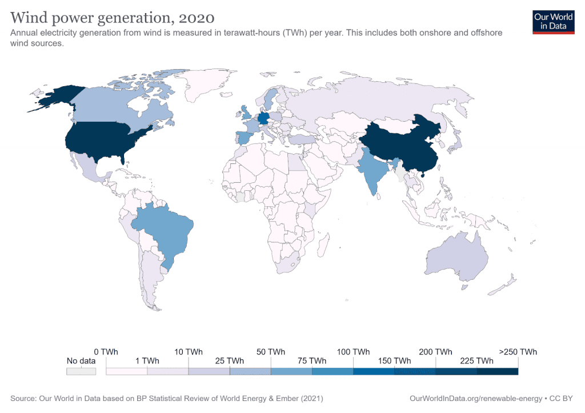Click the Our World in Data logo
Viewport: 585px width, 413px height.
click(553, 21)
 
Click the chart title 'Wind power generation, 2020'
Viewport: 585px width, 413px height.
click(113, 15)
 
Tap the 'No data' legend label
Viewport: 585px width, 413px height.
click(81, 360)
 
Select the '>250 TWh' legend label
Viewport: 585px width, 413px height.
click(518, 351)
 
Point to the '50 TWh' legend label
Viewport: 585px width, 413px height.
click(271, 351)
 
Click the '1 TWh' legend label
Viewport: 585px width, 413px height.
click(147, 360)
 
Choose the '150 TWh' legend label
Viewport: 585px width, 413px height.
click(394, 360)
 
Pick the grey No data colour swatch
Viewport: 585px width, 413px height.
click(81, 371)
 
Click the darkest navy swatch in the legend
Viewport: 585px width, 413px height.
click(497, 371)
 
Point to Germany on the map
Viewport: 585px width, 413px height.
click(263, 118)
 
